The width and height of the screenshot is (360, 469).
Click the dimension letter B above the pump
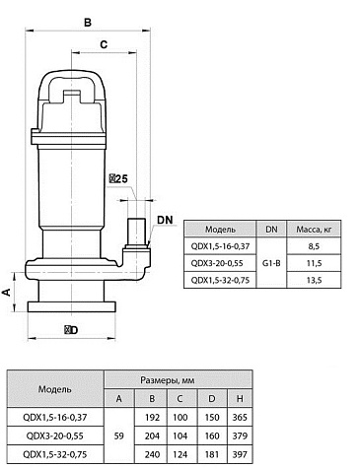(87, 23)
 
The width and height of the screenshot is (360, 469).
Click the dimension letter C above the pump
(104, 44)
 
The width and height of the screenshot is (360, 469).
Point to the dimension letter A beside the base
(7, 292)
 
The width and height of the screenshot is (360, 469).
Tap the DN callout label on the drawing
(165, 220)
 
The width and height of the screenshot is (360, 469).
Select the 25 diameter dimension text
(118, 179)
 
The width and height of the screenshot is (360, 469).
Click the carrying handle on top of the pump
(72, 85)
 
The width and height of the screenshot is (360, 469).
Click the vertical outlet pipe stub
(137, 232)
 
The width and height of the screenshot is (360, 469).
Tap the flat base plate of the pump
(72, 306)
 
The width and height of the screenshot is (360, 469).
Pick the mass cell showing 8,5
(314, 246)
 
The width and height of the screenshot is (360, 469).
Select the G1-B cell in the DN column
(271, 263)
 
